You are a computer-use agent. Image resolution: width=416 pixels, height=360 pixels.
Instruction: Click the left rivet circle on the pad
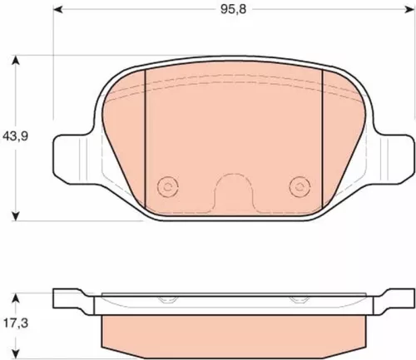coord(168,186)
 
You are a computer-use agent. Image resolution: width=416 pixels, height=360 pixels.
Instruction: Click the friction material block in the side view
coord(234,333)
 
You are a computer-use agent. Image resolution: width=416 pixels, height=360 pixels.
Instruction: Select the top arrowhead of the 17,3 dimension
coord(17,294)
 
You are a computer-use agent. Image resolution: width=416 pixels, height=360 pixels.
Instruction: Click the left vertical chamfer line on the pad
coord(146,133)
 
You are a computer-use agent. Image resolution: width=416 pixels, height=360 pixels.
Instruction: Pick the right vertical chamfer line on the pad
coord(321,133)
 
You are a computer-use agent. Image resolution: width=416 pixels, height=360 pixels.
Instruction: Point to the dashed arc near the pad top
coord(234,81)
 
